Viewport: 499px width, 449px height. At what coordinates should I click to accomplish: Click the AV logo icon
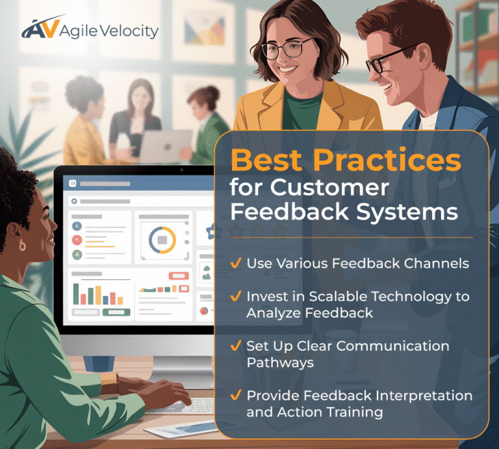pyautogui.click(x=40, y=28)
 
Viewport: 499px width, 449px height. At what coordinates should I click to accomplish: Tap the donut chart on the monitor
pyautogui.click(x=162, y=240)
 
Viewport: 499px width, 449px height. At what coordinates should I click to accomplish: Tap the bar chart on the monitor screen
pyautogui.click(x=97, y=294)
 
